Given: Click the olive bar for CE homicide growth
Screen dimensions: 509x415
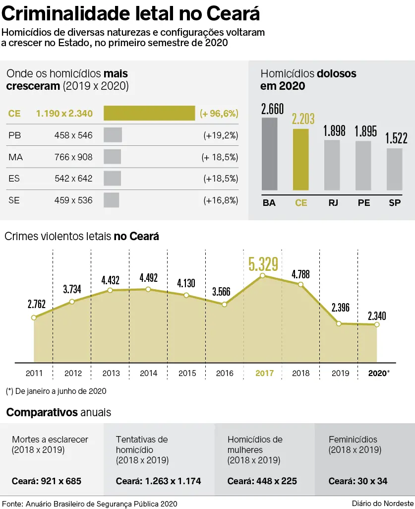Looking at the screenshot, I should click(x=149, y=113).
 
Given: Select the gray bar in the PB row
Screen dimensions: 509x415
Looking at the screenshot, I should click(x=113, y=135).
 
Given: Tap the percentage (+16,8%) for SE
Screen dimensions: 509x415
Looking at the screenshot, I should click(x=221, y=200).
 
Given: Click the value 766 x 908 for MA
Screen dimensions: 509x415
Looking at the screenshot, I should click(x=73, y=157).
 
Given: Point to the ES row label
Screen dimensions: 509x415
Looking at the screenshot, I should click(x=14, y=178).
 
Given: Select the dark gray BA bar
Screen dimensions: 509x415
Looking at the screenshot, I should click(x=269, y=154).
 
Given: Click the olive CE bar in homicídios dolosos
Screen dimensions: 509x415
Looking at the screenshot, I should click(x=300, y=159).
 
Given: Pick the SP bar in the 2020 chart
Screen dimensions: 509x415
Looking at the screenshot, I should click(x=395, y=169).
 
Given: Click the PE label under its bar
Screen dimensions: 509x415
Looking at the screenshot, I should click(x=363, y=202).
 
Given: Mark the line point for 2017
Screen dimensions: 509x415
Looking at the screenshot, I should click(x=263, y=276).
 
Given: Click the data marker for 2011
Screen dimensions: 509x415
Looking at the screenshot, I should click(x=34, y=318).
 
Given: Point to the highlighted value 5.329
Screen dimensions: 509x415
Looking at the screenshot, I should click(x=263, y=264).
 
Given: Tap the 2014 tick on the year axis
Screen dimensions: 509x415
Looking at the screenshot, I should click(x=148, y=373).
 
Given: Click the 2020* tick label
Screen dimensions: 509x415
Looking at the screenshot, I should click(x=379, y=373).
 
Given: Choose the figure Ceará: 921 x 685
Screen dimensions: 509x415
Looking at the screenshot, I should click(x=47, y=481).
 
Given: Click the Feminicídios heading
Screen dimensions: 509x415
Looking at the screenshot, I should click(x=353, y=439).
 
